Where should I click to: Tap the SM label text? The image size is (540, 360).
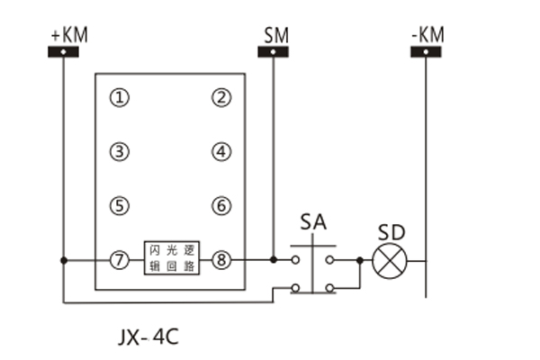pos(276,35)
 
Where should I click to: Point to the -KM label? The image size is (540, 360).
pos(427,35)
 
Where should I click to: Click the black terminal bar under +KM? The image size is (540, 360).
pos(65,51)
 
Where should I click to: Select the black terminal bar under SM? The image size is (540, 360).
pos(274,51)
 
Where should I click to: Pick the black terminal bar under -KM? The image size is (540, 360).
pos(426,51)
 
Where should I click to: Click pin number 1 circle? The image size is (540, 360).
pos(120,97)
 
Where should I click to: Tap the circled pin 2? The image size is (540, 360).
pos(221,97)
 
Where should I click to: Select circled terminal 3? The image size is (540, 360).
pos(120,151)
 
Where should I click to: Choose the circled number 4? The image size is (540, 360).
pos(221,151)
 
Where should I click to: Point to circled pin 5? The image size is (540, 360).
pos(120,205)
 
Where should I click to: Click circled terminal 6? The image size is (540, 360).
pos(221,205)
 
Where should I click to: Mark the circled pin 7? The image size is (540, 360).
pos(120,261)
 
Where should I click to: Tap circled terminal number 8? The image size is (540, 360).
pos(221,261)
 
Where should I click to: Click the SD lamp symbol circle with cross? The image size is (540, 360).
pos(390,261)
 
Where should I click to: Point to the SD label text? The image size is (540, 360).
pos(391,231)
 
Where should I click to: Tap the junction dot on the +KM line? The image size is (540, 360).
pos(64,261)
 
